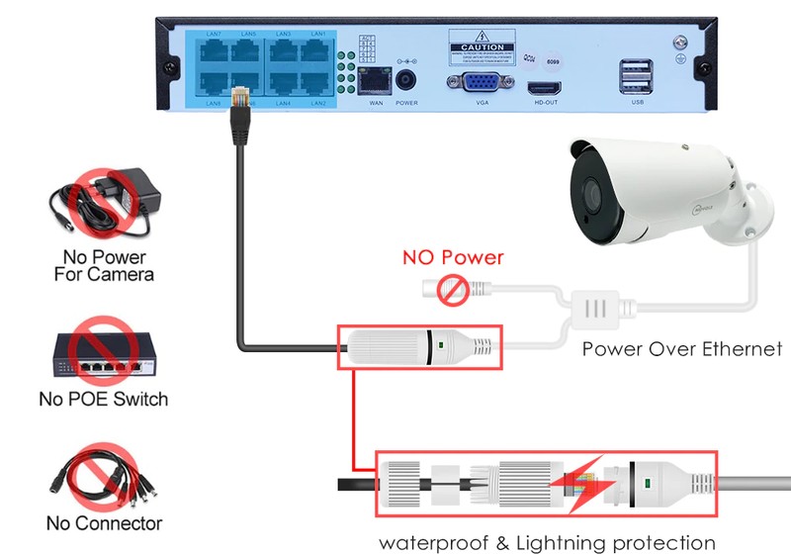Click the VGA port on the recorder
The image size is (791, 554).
coord(482,84)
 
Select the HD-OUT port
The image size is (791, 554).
coord(545,86)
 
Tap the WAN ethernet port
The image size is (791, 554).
coord(375,82)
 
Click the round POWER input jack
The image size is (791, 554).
coord(406,81)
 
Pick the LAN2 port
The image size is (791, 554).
coord(317,85)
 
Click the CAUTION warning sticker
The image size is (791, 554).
coord(482,46)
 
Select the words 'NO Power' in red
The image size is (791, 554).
coord(452,258)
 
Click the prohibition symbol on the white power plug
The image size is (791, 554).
coord(455,291)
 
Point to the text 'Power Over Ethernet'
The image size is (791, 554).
coord(681,348)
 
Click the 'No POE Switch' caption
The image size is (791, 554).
coord(103,400)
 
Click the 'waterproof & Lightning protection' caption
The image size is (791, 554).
coord(547,542)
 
